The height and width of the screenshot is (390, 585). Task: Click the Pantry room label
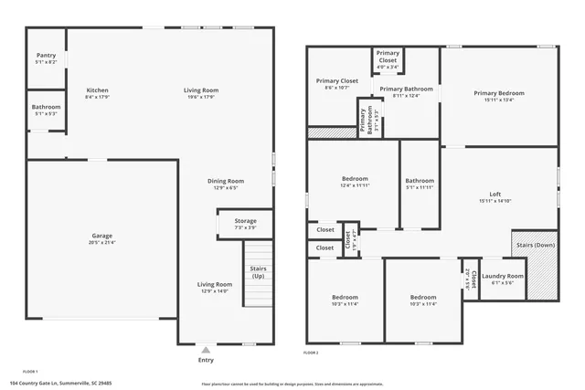pos(46,56)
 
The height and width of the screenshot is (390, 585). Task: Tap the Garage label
pos(101,236)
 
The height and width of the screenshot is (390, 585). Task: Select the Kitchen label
pos(98,90)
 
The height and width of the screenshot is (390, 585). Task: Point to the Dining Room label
pos(225,181)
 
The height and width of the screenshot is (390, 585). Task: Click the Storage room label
pos(245,220)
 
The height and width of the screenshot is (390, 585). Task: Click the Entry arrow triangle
pos(206,348)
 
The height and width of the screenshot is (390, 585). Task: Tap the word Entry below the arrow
pos(206,360)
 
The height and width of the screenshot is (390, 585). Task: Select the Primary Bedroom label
pos(499,93)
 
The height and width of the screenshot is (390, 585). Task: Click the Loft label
pos(495,194)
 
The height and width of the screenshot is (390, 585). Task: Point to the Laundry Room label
pos(503,276)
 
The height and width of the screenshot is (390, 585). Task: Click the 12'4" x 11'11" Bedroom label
pos(355,178)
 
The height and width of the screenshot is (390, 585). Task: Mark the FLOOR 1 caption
pos(30,372)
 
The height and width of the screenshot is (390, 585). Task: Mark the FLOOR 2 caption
pos(311,352)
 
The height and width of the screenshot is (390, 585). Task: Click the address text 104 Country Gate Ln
pos(60,383)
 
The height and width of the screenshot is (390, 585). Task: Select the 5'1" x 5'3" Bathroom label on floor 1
pos(46,107)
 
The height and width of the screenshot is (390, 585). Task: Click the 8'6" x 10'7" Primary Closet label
pos(336,80)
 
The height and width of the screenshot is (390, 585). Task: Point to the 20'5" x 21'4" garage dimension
pos(101,242)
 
